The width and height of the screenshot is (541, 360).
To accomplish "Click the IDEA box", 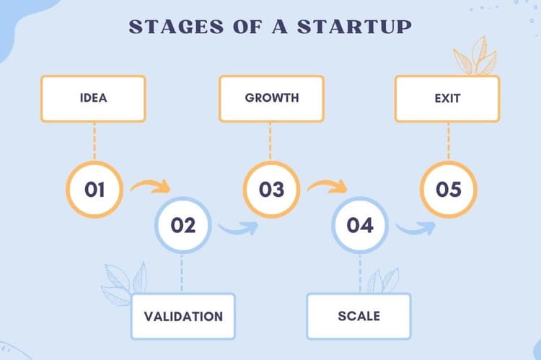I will tap(94, 99).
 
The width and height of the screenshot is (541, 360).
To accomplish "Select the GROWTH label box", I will tap(271, 99).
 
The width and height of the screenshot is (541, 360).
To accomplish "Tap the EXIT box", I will tap(447, 99).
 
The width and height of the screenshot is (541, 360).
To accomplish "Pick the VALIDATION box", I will tap(183, 316).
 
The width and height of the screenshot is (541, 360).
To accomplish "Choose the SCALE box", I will tap(359, 316).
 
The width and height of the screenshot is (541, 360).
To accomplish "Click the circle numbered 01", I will tap(94, 190).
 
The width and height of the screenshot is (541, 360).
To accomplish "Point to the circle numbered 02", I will tap(183, 225).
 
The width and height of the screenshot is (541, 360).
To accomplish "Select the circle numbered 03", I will tap(271, 190).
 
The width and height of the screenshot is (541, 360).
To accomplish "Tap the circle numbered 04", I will tap(359, 225).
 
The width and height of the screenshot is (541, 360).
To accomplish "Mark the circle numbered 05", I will tap(448, 190).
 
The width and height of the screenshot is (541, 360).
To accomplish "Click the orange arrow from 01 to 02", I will tap(150, 188).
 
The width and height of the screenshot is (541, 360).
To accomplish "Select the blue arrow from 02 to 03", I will tap(238, 229).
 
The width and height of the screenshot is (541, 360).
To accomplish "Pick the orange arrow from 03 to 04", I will tap(327, 188).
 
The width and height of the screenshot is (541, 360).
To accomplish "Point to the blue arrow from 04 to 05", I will tap(415, 229).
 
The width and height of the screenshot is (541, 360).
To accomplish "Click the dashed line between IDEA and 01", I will tap(94, 141).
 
